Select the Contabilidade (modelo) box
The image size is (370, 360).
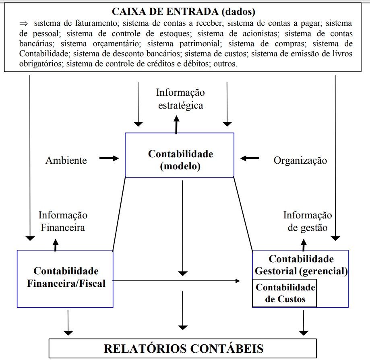click(x=180, y=155)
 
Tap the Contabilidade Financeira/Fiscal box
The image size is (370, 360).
click(x=65, y=278)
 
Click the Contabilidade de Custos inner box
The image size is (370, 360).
click(x=285, y=293)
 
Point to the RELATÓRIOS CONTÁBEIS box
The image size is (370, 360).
click(x=184, y=348)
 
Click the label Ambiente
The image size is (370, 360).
click(x=66, y=160)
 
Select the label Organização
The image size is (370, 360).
click(x=300, y=160)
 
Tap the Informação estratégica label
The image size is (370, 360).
click(x=180, y=99)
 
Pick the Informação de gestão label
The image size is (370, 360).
click(x=307, y=221)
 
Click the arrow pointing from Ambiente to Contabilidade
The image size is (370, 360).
click(x=109, y=158)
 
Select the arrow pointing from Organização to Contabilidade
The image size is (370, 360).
click(x=250, y=158)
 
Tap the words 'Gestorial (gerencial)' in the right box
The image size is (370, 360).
click(x=301, y=271)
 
